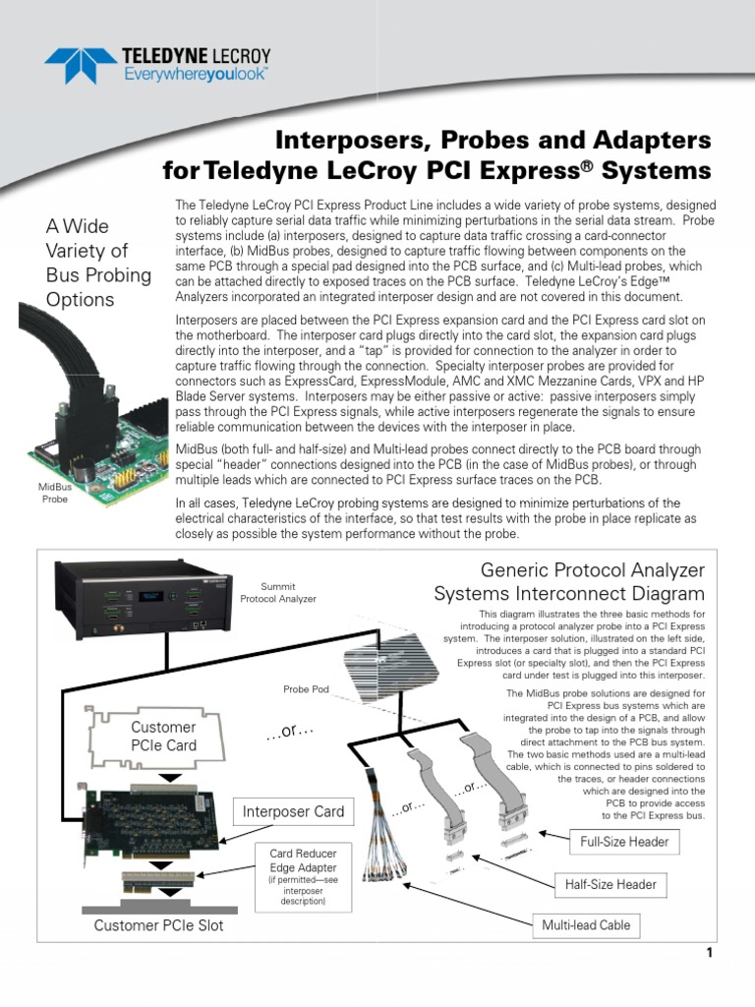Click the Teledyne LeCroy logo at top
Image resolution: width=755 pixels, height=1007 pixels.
pos(157,65)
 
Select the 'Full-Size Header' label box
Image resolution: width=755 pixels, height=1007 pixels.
pos(623,842)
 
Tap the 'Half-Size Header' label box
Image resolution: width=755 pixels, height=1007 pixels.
pos(610,884)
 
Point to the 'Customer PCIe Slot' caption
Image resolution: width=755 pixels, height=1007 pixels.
pos(158,925)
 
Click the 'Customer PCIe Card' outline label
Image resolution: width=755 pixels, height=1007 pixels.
pos(163,737)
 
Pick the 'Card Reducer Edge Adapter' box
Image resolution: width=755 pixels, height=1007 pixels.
pos(303,874)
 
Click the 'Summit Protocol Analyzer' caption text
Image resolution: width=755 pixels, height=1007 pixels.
pos(278,592)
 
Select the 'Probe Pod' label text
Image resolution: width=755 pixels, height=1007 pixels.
pos(306,688)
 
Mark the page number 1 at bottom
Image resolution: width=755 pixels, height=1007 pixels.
pos(707,953)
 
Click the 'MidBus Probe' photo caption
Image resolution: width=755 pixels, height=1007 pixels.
pos(54,493)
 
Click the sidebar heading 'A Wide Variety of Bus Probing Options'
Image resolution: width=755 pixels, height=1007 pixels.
pos(98,263)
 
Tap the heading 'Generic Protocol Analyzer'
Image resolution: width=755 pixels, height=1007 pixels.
pos(592,570)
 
